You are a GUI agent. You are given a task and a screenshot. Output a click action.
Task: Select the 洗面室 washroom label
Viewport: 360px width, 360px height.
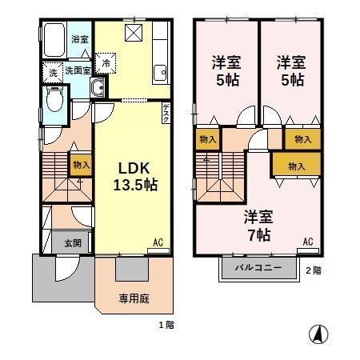[78, 70]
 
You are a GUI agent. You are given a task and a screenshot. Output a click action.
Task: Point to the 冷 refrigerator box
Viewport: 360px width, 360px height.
[105, 62]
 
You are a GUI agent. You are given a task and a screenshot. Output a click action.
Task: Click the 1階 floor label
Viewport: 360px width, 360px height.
[166, 325]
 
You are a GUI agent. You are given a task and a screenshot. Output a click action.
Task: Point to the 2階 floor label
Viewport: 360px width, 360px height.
[313, 270]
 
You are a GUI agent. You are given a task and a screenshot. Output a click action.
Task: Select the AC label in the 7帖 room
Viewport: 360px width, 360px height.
[308, 242]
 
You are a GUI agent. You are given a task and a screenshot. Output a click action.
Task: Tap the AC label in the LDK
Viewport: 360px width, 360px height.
[158, 241]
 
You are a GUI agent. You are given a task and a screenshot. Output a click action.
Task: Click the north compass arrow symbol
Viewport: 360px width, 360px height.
[318, 334]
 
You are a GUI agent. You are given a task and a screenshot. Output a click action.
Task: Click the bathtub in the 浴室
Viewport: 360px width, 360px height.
[54, 38]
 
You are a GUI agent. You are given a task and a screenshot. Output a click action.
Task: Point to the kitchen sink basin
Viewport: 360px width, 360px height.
[159, 73]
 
